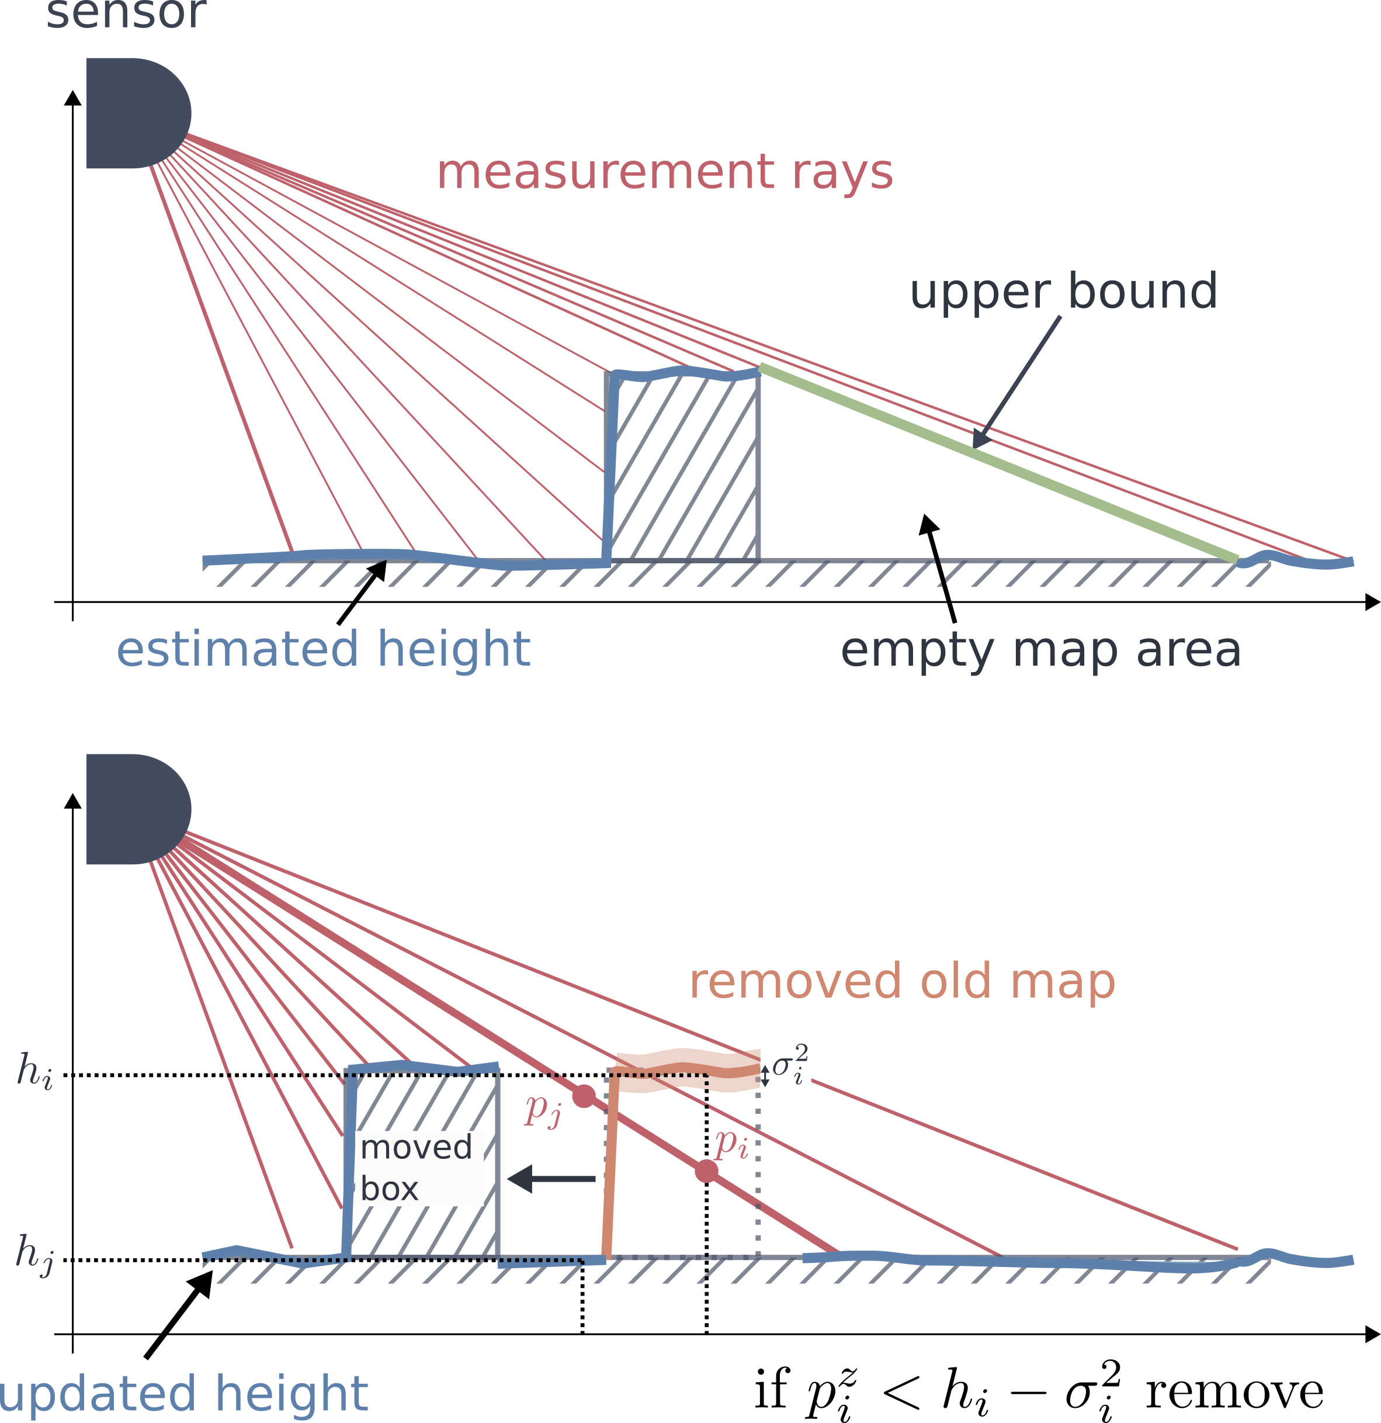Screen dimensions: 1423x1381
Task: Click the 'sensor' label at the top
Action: coord(126,15)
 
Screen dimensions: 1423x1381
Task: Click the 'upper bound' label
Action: coord(1063,292)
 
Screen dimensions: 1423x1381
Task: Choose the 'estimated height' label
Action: coord(324,649)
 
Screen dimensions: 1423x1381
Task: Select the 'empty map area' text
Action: coord(1040,650)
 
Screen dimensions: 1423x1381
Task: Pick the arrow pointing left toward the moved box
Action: coord(551,1178)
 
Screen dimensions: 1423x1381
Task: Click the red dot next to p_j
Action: coord(584,1096)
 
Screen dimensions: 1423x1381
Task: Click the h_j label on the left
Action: coord(35,1253)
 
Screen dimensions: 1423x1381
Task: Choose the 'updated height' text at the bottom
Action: coord(183,1394)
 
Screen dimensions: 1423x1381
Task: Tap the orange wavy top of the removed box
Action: coord(686,1058)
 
